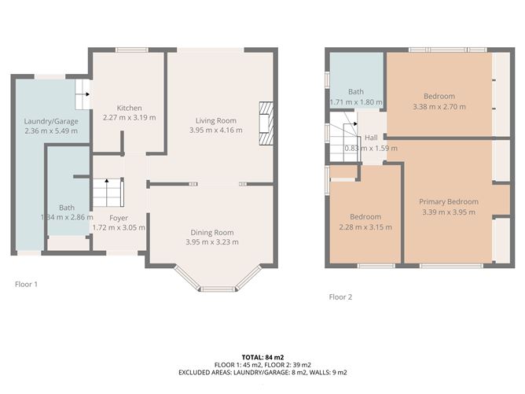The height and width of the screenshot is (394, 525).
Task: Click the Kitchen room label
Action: click(x=129, y=108)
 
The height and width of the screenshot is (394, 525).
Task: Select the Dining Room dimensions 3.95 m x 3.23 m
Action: click(x=212, y=242)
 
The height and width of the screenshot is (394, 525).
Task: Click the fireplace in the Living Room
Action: click(x=266, y=124)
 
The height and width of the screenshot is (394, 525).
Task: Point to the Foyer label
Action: click(x=118, y=218)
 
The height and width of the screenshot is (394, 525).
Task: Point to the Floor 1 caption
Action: click(x=26, y=284)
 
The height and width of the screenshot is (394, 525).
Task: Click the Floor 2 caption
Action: click(x=340, y=297)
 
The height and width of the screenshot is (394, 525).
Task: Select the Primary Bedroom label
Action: click(x=449, y=201)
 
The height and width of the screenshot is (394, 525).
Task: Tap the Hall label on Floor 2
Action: click(x=371, y=138)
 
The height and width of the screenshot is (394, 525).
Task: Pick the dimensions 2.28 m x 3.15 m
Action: click(x=365, y=227)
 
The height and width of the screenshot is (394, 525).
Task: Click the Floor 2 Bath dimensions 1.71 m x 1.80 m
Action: click(x=356, y=102)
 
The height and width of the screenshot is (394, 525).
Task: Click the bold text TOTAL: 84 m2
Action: click(x=262, y=356)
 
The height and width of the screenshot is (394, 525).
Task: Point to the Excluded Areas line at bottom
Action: click(x=262, y=372)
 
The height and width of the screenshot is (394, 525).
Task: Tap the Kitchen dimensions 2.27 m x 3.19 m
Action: click(x=129, y=117)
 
